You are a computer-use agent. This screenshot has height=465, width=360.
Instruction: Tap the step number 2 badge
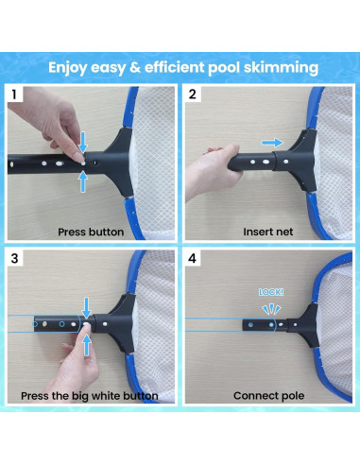coord(193,95)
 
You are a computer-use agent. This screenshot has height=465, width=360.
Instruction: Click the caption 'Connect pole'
coord(268,394)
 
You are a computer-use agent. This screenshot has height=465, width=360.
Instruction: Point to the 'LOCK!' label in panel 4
coord(271,293)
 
